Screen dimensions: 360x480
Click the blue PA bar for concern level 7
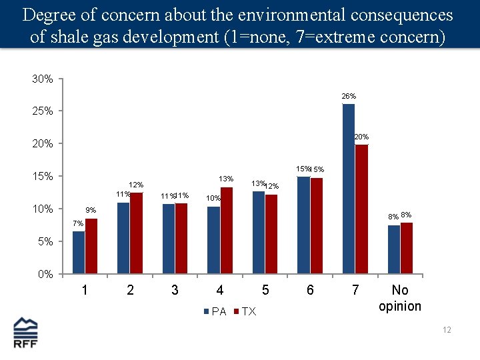[x=348, y=189]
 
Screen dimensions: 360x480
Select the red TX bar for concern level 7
[x=361, y=209]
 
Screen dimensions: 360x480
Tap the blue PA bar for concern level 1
[x=79, y=253]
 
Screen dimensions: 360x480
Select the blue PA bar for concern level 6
[x=303, y=225]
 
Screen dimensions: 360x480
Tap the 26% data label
[x=349, y=97]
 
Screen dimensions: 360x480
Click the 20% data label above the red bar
[x=361, y=137]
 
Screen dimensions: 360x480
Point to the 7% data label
[x=78, y=223]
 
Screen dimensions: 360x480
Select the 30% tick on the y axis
[x=43, y=79]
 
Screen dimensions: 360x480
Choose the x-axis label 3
[x=175, y=290]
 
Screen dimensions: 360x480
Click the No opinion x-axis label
[x=400, y=298]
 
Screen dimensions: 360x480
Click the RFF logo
[x=26, y=333]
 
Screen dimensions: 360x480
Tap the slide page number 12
[x=447, y=330]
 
